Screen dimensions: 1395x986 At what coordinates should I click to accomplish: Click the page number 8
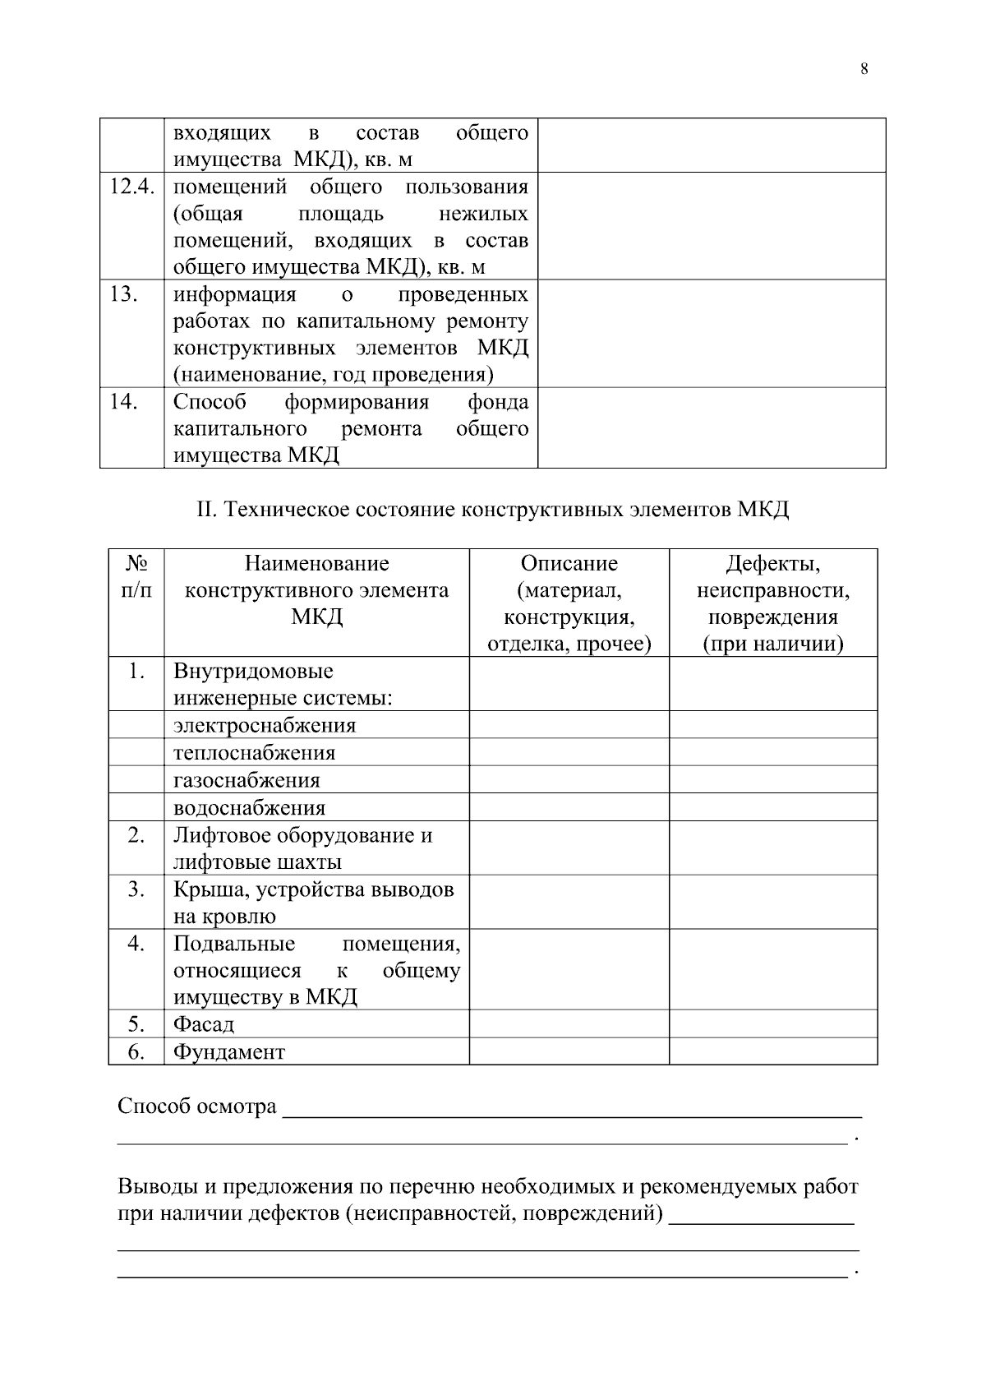point(864,69)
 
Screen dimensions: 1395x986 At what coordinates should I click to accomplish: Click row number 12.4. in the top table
point(132,187)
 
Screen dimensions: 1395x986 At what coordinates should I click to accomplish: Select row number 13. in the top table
point(123,294)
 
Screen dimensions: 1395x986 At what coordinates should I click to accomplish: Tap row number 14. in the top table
point(123,402)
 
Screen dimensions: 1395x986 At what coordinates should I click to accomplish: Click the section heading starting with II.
point(492,510)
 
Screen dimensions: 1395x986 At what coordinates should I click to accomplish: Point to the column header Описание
point(569,564)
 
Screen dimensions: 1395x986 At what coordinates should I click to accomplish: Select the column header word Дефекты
point(772,564)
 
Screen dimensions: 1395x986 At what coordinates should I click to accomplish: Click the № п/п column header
point(136,577)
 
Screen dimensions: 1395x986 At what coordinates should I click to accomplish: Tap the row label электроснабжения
point(265,726)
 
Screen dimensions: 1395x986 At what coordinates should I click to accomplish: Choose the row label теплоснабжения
point(254,753)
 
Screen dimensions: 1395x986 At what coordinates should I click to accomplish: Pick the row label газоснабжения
point(246,780)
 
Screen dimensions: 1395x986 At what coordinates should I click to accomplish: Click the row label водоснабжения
point(249,807)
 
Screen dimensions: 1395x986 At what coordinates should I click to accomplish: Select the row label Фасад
point(203,1024)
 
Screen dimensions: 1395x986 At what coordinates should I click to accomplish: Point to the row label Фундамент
point(228,1051)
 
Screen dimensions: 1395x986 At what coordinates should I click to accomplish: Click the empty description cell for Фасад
point(569,1024)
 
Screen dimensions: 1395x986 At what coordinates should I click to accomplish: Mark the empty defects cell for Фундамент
point(772,1051)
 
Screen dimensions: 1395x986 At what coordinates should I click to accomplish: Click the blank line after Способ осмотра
point(571,1107)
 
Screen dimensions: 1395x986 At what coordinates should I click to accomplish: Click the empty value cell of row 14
point(711,427)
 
